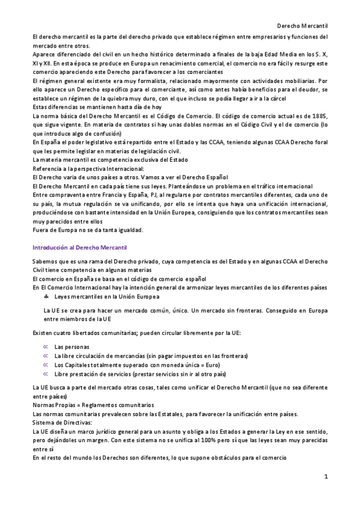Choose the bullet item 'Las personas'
click(x=72, y=347)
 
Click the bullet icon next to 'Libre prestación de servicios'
click(x=46, y=373)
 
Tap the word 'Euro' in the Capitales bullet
click(x=210, y=364)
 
